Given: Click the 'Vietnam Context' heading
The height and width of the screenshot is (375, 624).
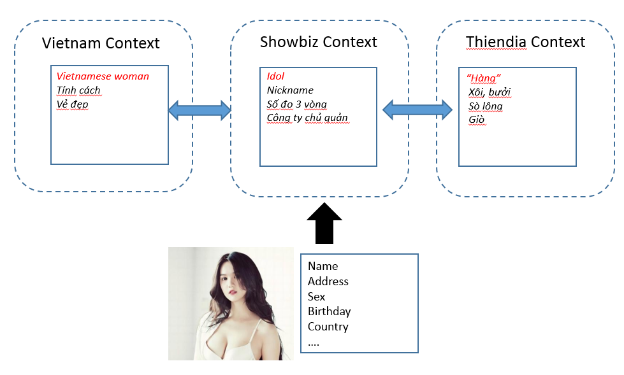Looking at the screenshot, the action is click(x=101, y=43).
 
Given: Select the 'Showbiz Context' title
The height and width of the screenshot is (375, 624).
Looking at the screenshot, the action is click(x=318, y=42).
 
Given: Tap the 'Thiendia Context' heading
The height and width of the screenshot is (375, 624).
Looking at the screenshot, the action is click(x=525, y=42).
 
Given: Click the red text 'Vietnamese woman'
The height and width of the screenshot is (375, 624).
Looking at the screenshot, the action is click(x=103, y=76).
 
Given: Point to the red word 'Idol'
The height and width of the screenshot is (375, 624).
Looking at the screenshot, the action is click(x=275, y=76).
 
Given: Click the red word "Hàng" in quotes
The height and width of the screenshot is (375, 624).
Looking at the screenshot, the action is click(x=484, y=78).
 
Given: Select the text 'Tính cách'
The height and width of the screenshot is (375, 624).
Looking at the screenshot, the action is click(x=78, y=90).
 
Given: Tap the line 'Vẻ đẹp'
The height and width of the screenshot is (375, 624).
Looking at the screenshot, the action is click(x=73, y=104).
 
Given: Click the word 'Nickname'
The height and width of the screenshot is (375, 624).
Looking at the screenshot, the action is click(x=290, y=90).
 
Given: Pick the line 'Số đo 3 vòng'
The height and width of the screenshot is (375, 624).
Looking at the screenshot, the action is click(x=297, y=104).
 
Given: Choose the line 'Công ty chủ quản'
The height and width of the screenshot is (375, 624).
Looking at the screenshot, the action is click(x=307, y=118).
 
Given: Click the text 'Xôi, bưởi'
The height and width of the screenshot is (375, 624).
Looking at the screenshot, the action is click(x=490, y=92).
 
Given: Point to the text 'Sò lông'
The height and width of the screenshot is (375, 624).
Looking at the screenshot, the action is click(x=486, y=106).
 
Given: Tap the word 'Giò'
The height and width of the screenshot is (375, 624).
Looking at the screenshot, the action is click(x=476, y=120).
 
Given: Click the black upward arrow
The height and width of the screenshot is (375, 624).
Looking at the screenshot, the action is click(x=324, y=223).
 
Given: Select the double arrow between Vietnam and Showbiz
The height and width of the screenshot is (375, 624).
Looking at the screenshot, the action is click(x=200, y=110).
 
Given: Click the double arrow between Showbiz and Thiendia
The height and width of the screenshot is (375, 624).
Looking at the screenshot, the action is click(x=417, y=110).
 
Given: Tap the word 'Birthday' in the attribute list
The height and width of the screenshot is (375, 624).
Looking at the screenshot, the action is click(x=329, y=311).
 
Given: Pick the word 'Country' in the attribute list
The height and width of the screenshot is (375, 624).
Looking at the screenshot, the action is click(x=328, y=327).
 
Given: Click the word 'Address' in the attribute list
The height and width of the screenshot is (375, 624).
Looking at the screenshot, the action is click(x=328, y=281).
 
